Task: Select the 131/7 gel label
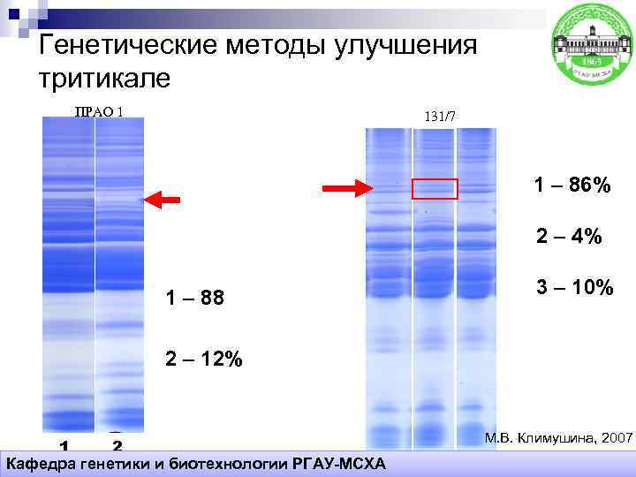(x=440, y=117)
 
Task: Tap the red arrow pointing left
(x=163, y=200)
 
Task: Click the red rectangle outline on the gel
(x=435, y=188)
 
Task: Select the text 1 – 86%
(x=572, y=185)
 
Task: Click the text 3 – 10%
(x=574, y=287)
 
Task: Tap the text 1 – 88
(x=195, y=299)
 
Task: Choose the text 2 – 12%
(x=202, y=360)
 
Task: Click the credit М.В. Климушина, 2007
(x=558, y=438)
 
